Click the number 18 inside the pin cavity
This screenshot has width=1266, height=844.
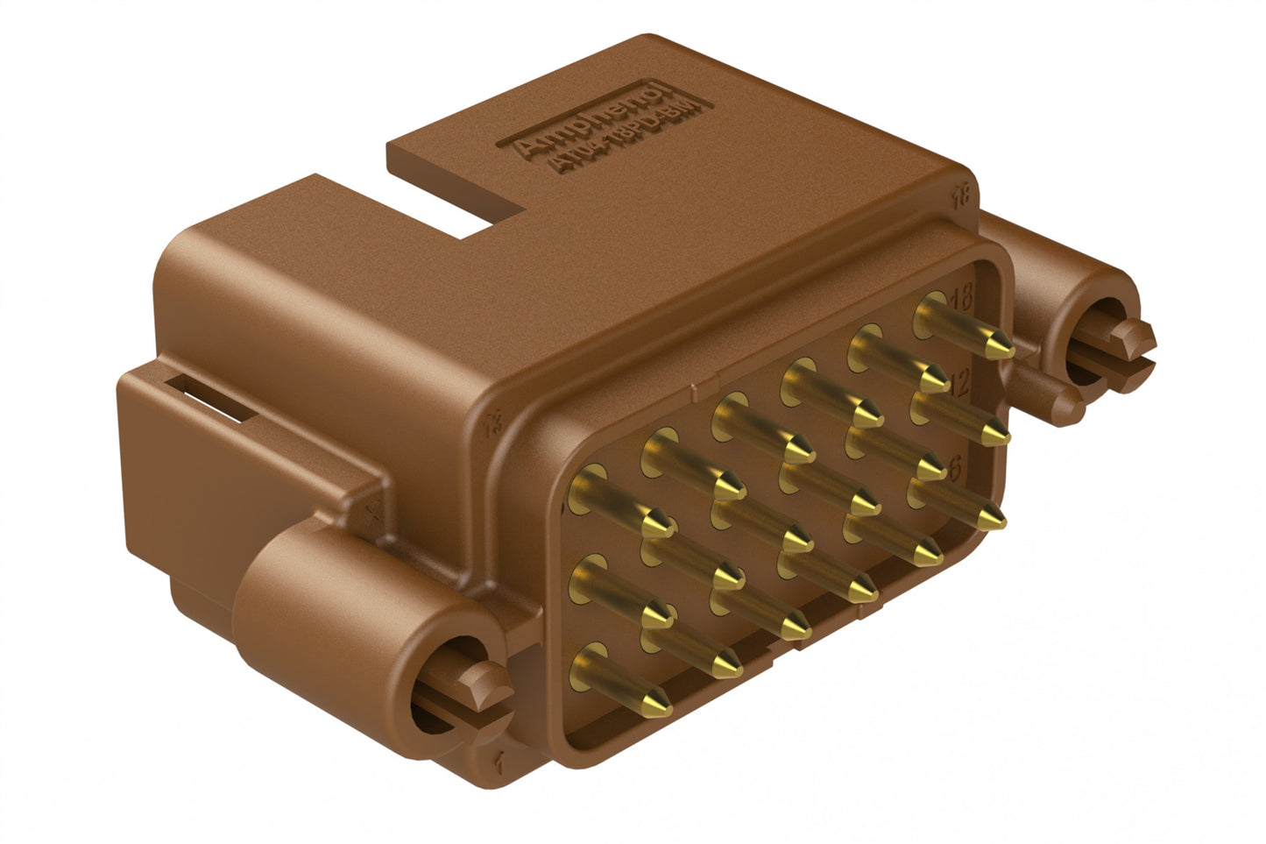click(x=960, y=297)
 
